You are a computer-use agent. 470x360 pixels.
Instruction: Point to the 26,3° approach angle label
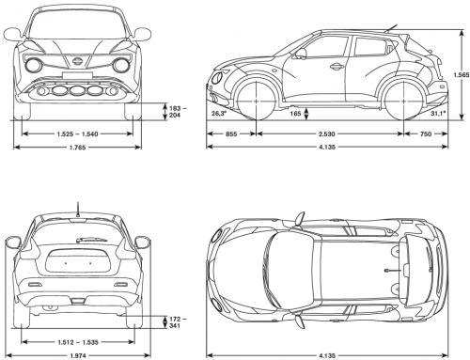click(219, 113)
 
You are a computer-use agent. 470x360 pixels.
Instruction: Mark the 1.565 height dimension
click(459, 76)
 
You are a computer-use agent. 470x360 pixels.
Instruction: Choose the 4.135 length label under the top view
click(326, 354)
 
